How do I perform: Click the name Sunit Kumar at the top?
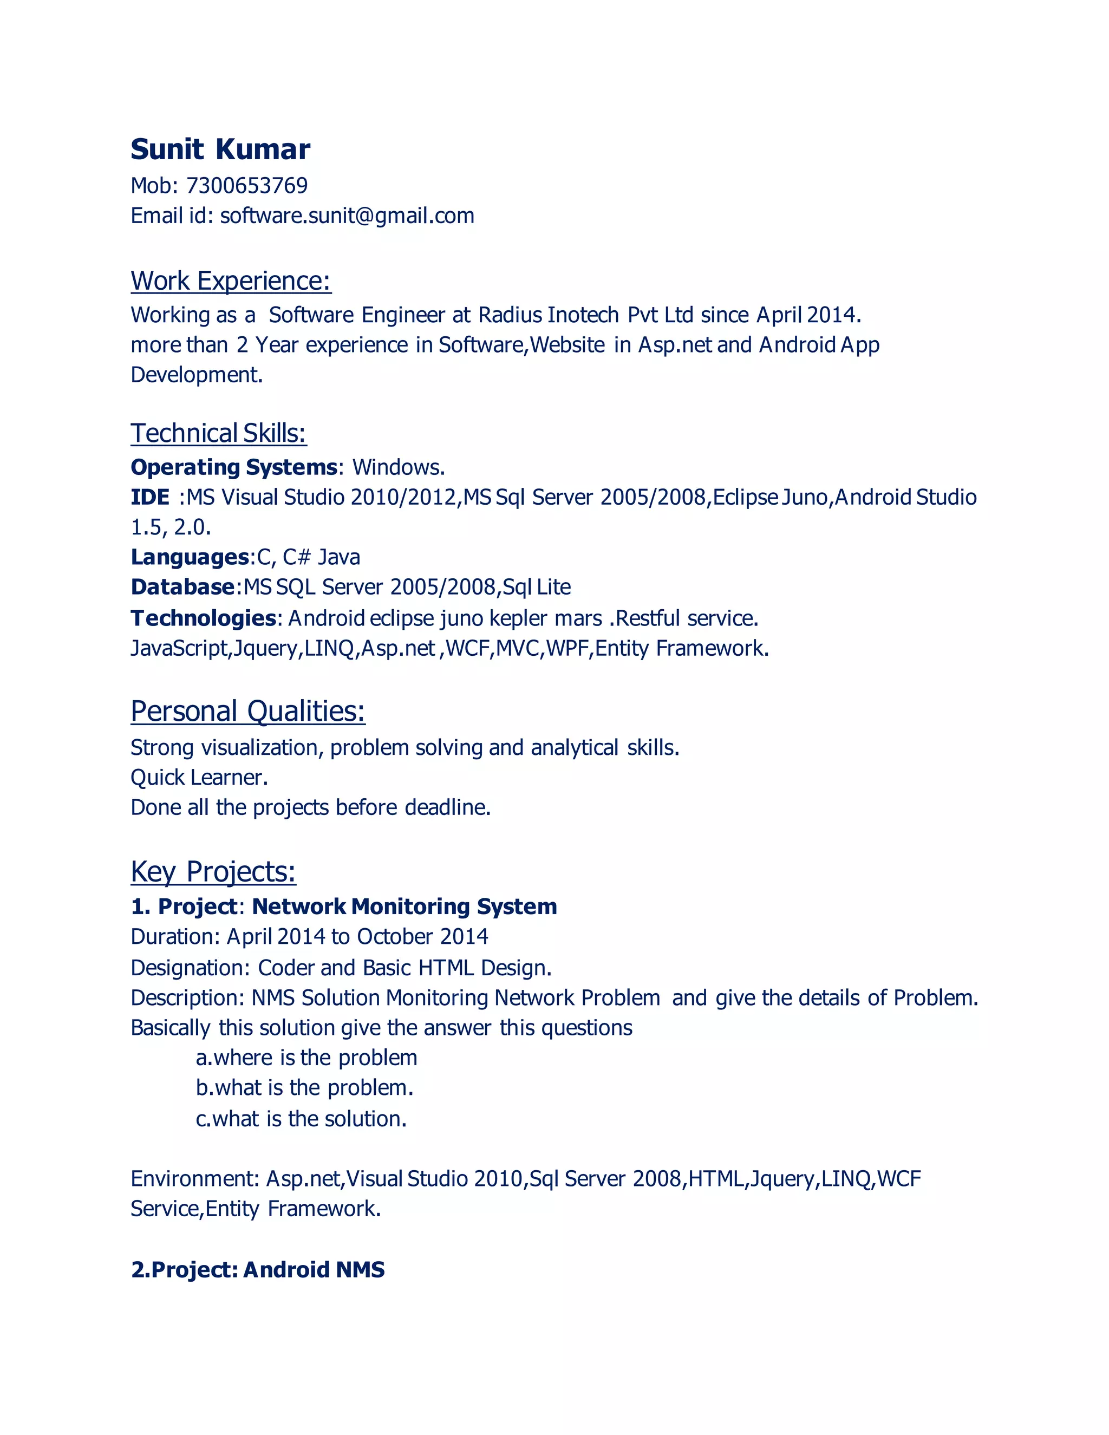[x=220, y=150]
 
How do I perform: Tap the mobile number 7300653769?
[x=247, y=186]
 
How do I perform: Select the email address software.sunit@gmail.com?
[x=347, y=216]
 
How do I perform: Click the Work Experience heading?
[x=231, y=281]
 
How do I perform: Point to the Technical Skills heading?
[x=218, y=433]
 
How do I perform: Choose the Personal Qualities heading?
[x=247, y=711]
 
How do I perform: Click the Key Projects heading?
[x=213, y=871]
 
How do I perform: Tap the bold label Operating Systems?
[x=233, y=467]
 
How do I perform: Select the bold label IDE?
[x=150, y=498]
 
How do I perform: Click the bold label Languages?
[x=189, y=557]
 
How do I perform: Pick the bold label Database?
[x=182, y=587]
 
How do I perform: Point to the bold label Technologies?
[x=203, y=618]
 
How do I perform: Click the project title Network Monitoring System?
[x=404, y=906]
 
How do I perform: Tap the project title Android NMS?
[x=314, y=1269]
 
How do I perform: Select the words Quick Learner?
[x=199, y=778]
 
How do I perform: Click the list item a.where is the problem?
[x=306, y=1058]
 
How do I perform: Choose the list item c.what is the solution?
[x=301, y=1119]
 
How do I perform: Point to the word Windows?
[x=398, y=467]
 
